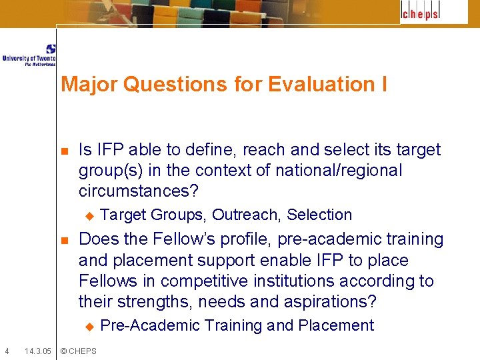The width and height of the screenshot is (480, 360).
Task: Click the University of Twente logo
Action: tap(29, 55)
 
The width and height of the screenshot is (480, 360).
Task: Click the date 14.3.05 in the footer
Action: tap(37, 351)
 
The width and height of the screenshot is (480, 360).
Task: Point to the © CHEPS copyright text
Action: tap(78, 351)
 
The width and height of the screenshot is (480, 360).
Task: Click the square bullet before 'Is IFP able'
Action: tap(63, 151)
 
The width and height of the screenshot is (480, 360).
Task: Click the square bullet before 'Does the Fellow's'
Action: tap(63, 240)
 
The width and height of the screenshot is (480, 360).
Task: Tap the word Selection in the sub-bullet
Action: tap(319, 215)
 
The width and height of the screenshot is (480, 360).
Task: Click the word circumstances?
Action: tap(139, 191)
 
